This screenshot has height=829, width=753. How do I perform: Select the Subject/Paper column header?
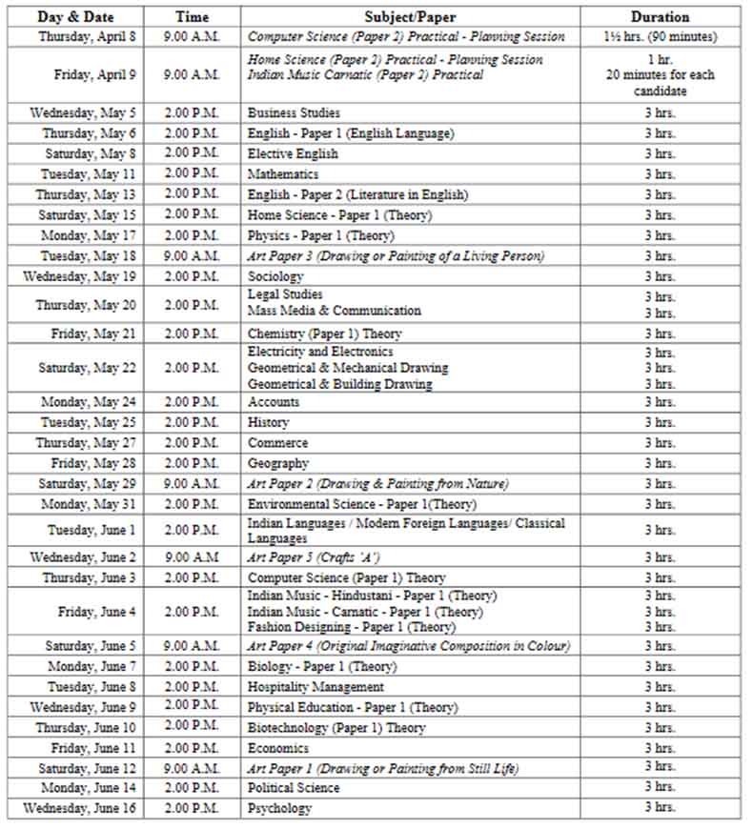pyautogui.click(x=410, y=16)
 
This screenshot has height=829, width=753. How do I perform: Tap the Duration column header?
pyautogui.click(x=660, y=16)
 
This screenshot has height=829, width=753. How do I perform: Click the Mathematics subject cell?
pyautogui.click(x=282, y=174)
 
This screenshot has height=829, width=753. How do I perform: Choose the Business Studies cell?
pyautogui.click(x=294, y=113)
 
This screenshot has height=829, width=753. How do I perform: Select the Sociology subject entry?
pyautogui.click(x=275, y=276)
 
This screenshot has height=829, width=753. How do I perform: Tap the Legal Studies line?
pyautogui.click(x=285, y=295)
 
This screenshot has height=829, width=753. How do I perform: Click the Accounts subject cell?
pyautogui.click(x=274, y=402)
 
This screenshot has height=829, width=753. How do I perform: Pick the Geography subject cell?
pyautogui.click(x=278, y=463)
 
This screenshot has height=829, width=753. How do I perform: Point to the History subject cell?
pyautogui.click(x=268, y=422)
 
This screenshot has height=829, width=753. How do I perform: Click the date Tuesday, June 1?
pyautogui.click(x=92, y=531)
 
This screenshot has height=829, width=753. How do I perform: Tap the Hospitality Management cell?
pyautogui.click(x=315, y=687)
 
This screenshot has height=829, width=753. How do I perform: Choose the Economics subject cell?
pyautogui.click(x=278, y=748)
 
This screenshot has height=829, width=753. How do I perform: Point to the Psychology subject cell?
pyautogui.click(x=279, y=808)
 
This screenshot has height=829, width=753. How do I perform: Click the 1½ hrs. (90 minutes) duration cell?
pyautogui.click(x=660, y=36)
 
